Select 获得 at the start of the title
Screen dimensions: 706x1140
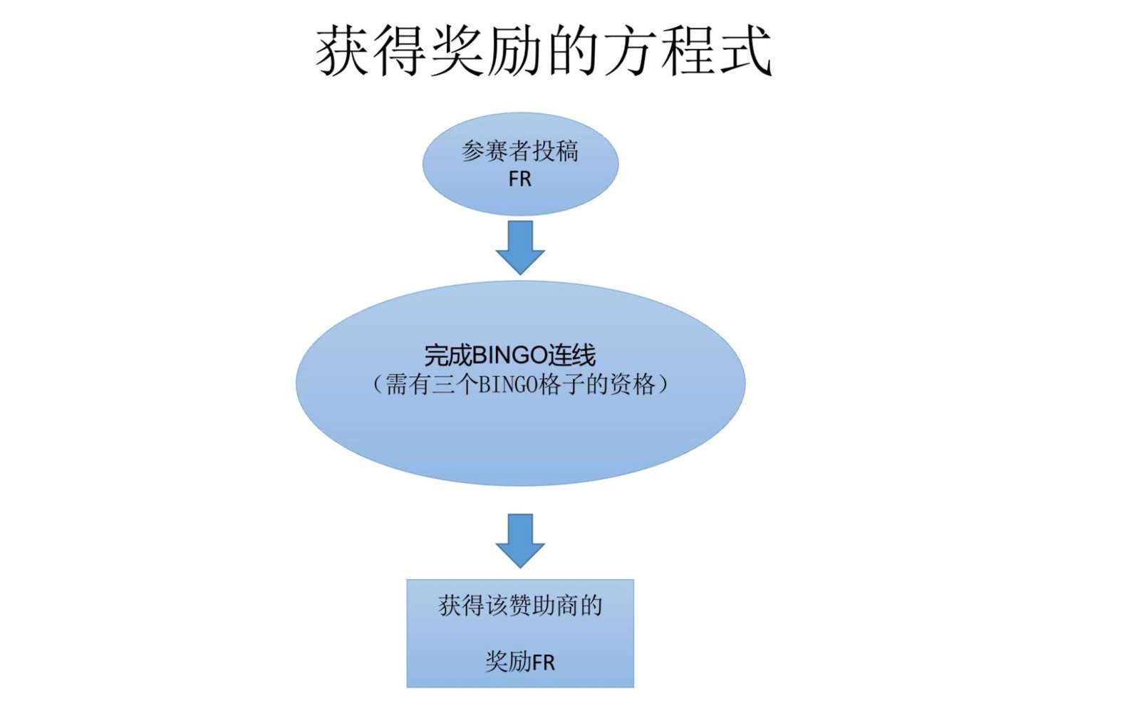click(x=371, y=51)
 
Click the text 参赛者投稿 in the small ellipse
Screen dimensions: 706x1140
click(x=520, y=152)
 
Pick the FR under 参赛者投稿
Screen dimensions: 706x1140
click(x=520, y=180)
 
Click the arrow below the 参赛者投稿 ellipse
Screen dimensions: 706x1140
click(x=520, y=247)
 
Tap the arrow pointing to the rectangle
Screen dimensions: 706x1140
click(x=520, y=540)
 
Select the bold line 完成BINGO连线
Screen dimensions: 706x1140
click(x=509, y=355)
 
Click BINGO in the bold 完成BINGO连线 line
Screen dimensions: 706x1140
click(x=509, y=355)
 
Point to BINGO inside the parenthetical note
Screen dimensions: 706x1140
click(x=507, y=385)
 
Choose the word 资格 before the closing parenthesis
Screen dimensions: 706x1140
click(x=632, y=385)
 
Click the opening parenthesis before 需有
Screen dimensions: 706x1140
click(x=378, y=385)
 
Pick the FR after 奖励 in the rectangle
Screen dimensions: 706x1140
click(x=543, y=663)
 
